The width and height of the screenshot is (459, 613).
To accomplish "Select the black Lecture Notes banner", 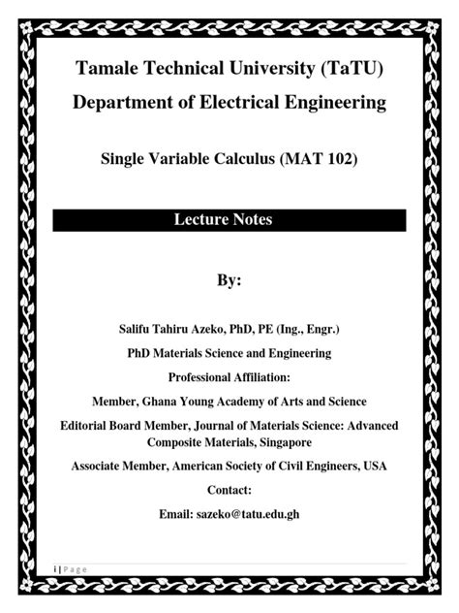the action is pyautogui.click(x=229, y=220).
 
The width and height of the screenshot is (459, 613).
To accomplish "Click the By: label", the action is pyautogui.click(x=229, y=281).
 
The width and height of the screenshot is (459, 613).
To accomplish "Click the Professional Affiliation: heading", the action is pyautogui.click(x=229, y=376).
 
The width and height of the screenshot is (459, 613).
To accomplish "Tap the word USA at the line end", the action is pyautogui.click(x=375, y=467).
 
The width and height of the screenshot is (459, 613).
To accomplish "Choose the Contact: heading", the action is pyautogui.click(x=229, y=490).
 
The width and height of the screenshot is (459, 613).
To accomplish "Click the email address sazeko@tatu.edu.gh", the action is pyautogui.click(x=251, y=514).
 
